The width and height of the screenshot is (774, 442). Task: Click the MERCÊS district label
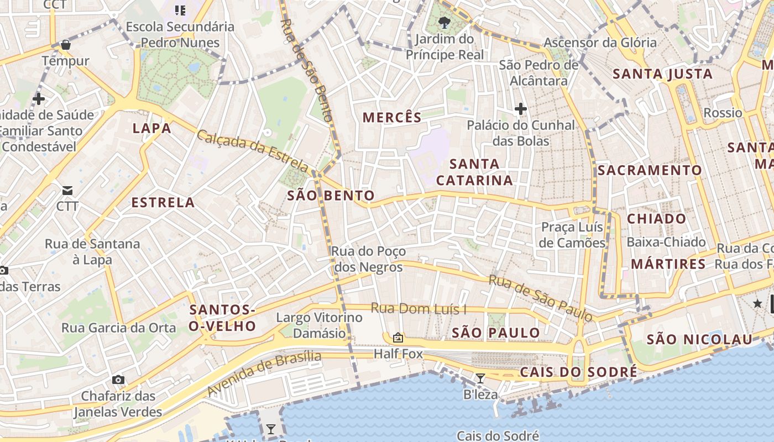[392, 117]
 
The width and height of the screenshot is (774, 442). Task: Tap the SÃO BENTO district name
[331, 195]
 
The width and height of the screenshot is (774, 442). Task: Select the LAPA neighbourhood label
[151, 129]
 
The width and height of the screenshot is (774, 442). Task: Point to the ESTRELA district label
[163, 202]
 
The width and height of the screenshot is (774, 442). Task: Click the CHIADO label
[656, 219]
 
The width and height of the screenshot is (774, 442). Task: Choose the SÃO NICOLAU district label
[699, 339]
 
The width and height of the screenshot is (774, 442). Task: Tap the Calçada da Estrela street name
[253, 150]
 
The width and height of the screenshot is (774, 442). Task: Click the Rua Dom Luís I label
[419, 308]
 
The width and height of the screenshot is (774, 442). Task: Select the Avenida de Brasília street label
[264, 372]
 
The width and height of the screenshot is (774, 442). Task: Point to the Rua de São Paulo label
[541, 298]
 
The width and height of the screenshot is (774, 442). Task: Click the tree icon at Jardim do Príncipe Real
[443, 23]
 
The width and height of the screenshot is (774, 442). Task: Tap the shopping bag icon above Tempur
[66, 45]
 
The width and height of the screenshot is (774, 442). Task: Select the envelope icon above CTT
[67, 191]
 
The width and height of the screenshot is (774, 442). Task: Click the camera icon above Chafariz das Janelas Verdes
[118, 380]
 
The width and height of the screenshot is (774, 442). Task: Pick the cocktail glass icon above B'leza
[480, 378]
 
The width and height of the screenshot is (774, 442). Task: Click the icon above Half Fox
[398, 337]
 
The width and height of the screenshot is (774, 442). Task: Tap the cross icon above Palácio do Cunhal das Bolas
[520, 109]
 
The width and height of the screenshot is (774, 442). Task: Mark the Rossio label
[723, 113]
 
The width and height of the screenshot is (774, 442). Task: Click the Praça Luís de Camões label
[572, 235]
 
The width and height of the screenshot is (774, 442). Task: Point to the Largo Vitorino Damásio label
[320, 325]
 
